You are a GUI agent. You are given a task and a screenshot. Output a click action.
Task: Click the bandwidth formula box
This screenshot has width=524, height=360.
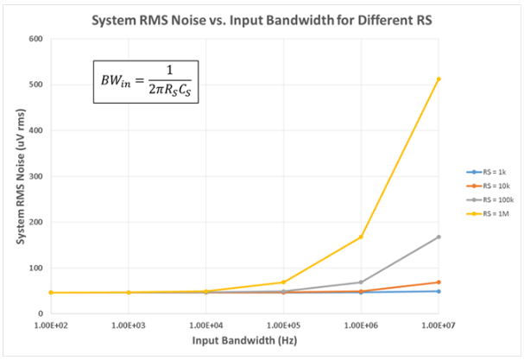click(x=146, y=82)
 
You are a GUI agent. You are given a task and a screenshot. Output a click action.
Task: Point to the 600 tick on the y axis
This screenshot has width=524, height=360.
click(x=35, y=39)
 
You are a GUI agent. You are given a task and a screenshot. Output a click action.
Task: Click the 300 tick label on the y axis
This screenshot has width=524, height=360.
click(x=35, y=176)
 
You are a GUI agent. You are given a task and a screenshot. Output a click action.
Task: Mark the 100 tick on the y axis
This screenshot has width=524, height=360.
click(x=35, y=268)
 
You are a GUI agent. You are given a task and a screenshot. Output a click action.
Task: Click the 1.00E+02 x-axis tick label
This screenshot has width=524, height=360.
click(x=51, y=325)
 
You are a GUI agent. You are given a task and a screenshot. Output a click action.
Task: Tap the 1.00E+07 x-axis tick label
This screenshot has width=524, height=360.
click(x=439, y=325)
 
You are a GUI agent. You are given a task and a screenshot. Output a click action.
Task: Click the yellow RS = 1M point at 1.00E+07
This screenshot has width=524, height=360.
click(x=439, y=79)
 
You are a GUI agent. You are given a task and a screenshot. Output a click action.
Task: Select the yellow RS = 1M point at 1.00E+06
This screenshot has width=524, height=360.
click(x=361, y=237)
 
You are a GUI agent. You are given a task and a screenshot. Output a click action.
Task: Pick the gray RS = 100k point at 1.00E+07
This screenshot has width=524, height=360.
click(x=439, y=237)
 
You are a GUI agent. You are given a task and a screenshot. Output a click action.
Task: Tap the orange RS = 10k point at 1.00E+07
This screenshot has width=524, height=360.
click(x=439, y=282)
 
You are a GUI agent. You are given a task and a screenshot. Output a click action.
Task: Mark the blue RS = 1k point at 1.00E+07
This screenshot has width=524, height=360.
click(x=439, y=291)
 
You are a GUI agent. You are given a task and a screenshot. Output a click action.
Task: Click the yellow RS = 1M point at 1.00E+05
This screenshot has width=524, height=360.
click(x=283, y=282)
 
